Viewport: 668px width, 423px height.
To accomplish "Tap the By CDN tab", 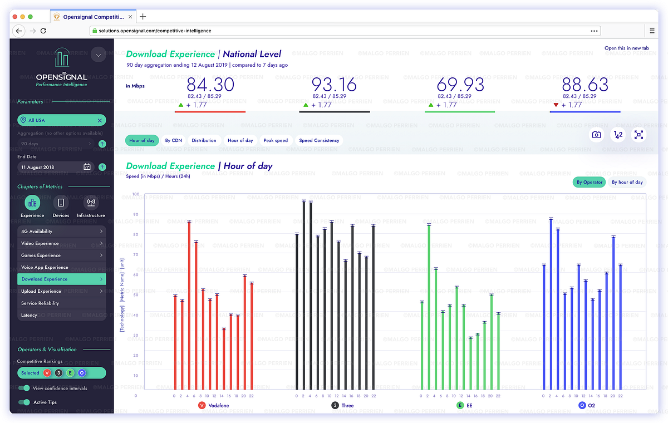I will tap(173, 140).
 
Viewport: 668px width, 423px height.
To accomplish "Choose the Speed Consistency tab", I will tap(319, 140).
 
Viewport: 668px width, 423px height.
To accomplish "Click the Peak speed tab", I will tap(276, 140).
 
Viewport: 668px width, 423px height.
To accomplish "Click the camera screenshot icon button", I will tap(596, 135).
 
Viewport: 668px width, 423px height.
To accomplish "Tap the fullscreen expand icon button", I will tap(638, 135).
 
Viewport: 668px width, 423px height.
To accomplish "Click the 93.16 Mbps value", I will tap(334, 85).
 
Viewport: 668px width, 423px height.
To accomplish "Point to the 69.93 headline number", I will tap(460, 85).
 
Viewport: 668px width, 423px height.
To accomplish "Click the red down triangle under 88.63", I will tap(556, 105).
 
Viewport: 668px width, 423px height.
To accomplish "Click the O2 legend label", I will tap(591, 405).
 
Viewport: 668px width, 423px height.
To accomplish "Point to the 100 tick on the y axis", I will tap(136, 194).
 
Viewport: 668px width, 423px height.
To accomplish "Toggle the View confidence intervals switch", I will tap(24, 388).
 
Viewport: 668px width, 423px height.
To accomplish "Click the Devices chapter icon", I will tap(61, 203).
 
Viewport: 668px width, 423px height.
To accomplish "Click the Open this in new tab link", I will tap(627, 48).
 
